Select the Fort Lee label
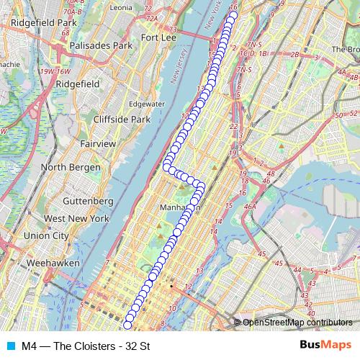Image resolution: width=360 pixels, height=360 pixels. [x=160, y=37]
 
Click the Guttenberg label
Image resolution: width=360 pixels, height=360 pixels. [x=85, y=200]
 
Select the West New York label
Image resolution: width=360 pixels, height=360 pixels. [x=76, y=218]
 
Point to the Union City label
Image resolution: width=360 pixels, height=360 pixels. [x=46, y=235]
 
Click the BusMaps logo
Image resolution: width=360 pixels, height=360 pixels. [x=326, y=346]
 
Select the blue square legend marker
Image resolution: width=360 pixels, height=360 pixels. [x=10, y=346]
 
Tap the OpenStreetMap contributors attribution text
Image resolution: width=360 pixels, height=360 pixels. [x=297, y=323]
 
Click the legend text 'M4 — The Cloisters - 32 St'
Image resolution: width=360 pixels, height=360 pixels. [x=85, y=346]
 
